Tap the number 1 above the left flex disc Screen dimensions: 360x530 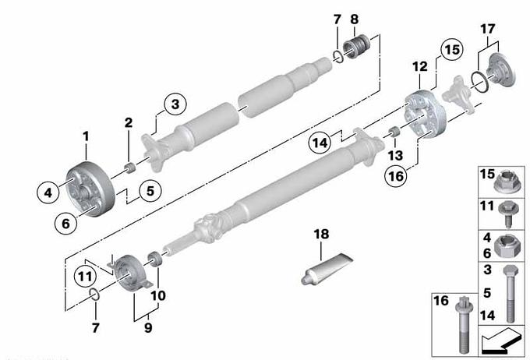click(87, 136)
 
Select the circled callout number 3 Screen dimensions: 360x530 click(175, 104)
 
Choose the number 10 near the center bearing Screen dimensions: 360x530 click(158, 295)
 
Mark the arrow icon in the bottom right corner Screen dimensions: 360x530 click(500, 341)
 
